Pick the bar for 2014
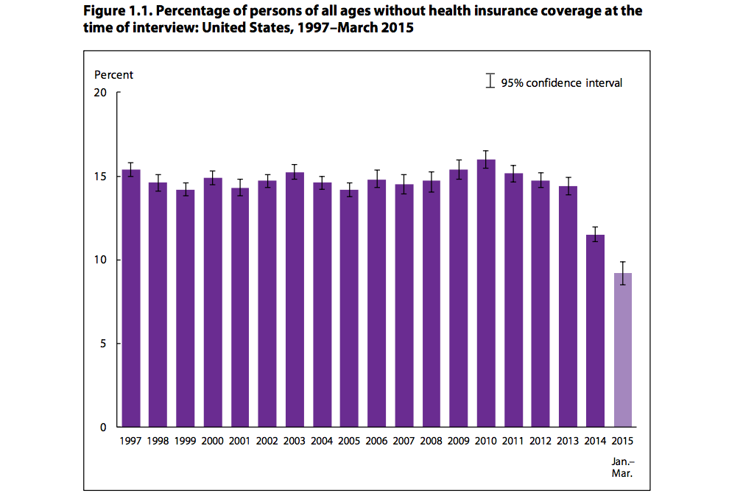click(x=595, y=330)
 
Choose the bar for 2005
click(x=349, y=308)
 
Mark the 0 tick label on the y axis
click(x=103, y=427)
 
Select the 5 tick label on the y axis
click(x=103, y=344)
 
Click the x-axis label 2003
click(x=295, y=441)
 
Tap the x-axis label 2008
click(x=431, y=441)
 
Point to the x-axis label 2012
click(x=540, y=441)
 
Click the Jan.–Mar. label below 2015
click(x=622, y=468)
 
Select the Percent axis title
click(x=113, y=74)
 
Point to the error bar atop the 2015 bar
click(x=622, y=273)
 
